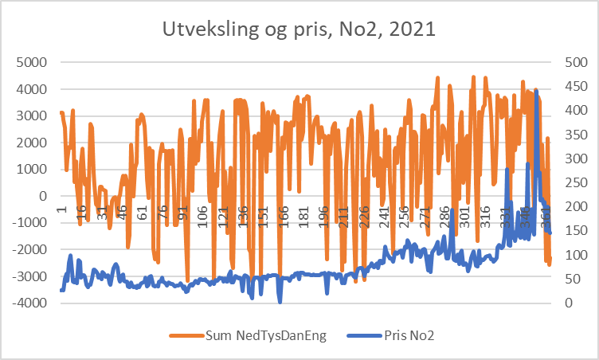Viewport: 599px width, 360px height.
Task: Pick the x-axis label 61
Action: (x=143, y=213)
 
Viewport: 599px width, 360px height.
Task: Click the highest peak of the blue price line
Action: (x=536, y=91)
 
